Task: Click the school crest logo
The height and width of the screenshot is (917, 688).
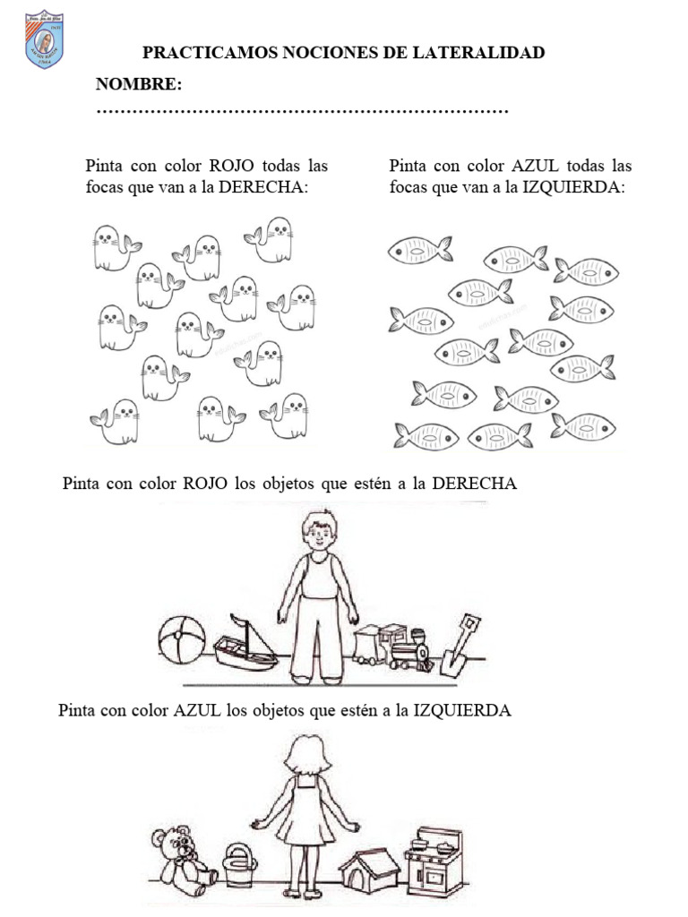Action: click(44, 39)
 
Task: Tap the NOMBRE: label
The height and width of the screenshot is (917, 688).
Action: click(139, 85)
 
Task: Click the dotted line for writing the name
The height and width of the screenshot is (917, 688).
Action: click(302, 112)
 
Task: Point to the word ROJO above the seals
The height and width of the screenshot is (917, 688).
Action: click(232, 166)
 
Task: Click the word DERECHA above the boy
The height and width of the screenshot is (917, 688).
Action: click(475, 484)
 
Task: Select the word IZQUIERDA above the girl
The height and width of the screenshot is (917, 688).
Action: click(461, 711)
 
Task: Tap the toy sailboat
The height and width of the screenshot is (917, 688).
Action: click(245, 643)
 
